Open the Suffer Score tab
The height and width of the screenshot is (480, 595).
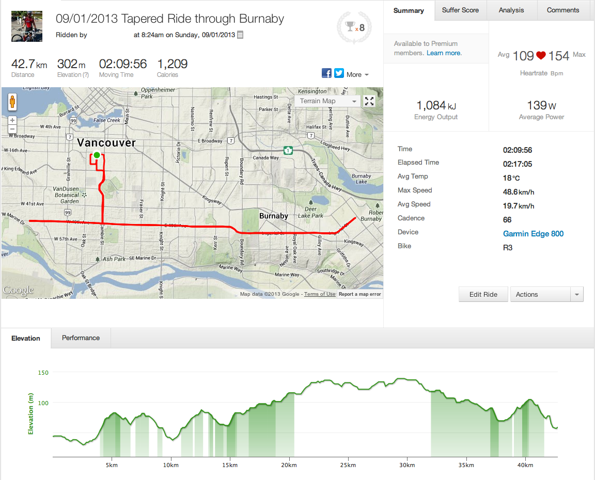[460, 10]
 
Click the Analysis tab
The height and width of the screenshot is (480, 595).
[511, 10]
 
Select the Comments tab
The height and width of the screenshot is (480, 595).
[563, 10]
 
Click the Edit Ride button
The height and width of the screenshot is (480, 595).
[483, 294]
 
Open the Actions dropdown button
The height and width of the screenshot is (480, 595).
[546, 294]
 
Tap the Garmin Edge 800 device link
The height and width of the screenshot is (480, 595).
[533, 234]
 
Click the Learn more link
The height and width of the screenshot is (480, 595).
[444, 53]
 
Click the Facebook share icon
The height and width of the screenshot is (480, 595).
[326, 73]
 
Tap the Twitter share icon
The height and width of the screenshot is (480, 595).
[339, 73]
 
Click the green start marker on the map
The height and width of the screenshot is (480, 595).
[97, 155]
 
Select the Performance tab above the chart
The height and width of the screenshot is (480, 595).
[81, 338]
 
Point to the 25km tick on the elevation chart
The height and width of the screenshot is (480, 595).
[348, 465]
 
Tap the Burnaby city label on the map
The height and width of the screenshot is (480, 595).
[273, 216]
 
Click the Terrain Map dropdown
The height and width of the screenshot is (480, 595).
[327, 101]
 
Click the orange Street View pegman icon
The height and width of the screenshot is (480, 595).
[12, 102]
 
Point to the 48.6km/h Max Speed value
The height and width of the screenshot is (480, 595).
[519, 192]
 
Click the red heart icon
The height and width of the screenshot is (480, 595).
[541, 55]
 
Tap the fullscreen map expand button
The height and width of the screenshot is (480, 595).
[369, 101]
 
